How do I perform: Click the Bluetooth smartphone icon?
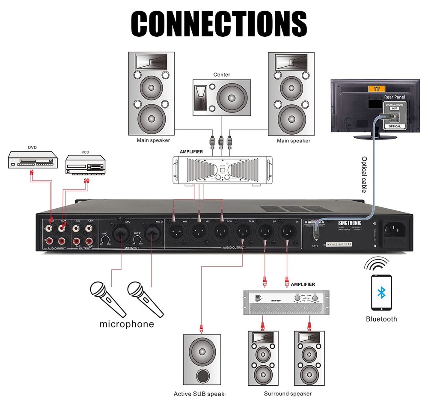(x=381, y=293)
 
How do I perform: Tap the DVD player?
(x=33, y=160)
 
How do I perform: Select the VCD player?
(x=85, y=165)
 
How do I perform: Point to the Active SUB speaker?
(x=202, y=358)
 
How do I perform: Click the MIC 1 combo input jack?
(x=121, y=234)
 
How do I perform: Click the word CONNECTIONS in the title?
(x=218, y=24)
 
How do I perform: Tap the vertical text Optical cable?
(x=363, y=174)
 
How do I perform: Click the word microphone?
(x=127, y=324)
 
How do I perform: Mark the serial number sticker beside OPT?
(x=343, y=244)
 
